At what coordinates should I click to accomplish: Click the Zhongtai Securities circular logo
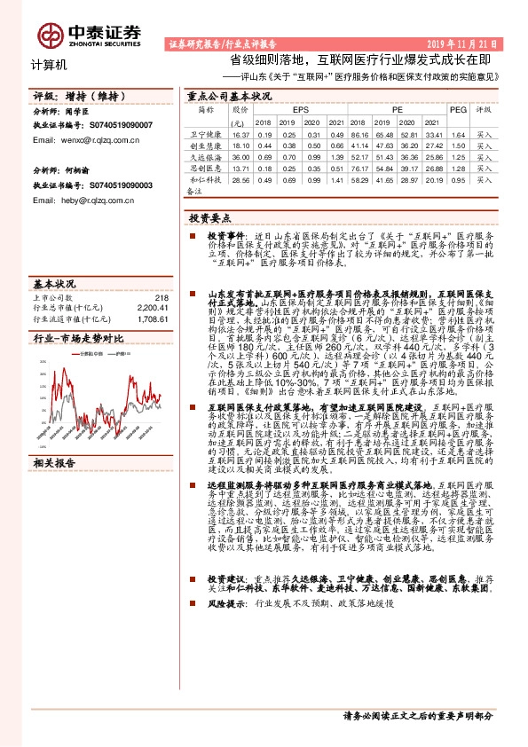(51, 33)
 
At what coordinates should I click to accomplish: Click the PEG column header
(457, 109)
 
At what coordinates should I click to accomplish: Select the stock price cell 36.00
(240, 156)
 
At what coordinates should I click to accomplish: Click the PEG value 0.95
(457, 179)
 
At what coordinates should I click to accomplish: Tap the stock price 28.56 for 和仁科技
(240, 179)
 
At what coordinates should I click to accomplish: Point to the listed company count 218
(161, 298)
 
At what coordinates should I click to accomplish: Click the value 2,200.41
(154, 308)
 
